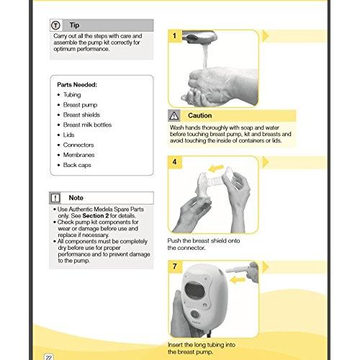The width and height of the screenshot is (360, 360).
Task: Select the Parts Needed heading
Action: pos(76,84)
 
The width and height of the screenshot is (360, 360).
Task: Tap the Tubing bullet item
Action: pos(73,94)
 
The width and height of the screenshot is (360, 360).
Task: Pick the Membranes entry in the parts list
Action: pos(79,155)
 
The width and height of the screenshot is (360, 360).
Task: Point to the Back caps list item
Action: pos(77,165)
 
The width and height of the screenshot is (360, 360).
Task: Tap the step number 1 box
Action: pos(174,35)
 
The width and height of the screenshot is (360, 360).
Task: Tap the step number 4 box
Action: pos(174,162)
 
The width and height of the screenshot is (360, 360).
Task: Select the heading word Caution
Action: pos(199,115)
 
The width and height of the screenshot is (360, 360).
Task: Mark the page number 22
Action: pos(48,355)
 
